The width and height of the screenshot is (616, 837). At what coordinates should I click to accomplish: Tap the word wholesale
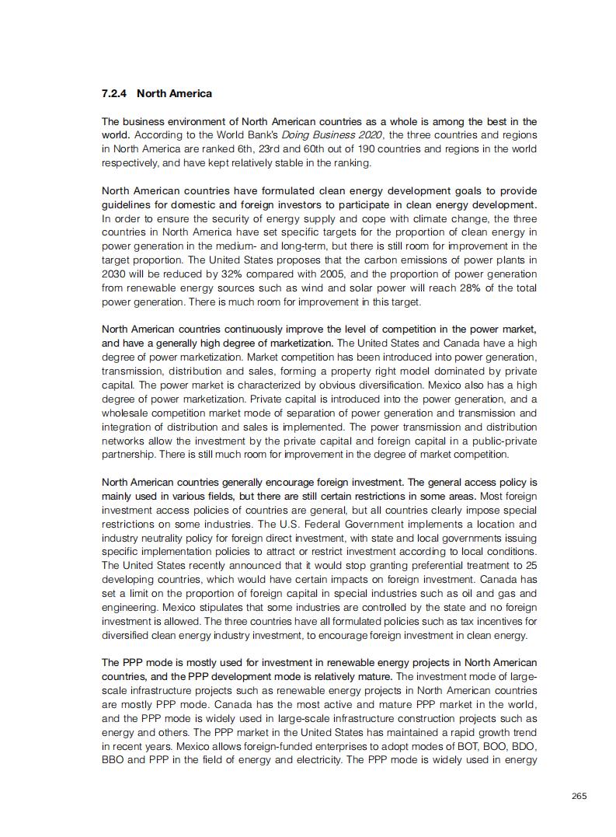tap(124, 413)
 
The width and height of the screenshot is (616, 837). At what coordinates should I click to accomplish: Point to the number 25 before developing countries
tap(531, 566)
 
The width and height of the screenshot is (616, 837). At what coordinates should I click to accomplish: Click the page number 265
tap(579, 795)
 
